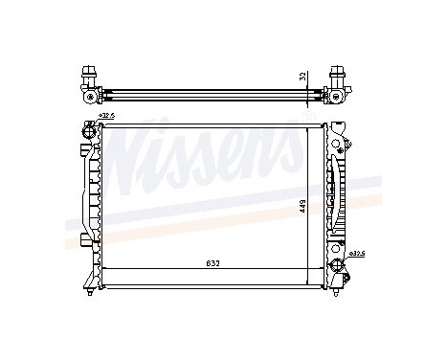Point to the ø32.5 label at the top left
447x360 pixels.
[106, 116]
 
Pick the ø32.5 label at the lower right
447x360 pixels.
[357, 254]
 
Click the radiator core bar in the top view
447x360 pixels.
[211, 93]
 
